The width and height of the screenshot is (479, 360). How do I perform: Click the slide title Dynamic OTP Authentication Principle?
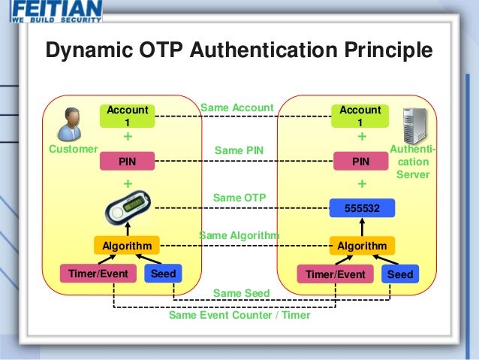[239, 50]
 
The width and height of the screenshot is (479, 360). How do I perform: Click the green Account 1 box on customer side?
[127, 116]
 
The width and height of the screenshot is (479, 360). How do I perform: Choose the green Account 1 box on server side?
[360, 116]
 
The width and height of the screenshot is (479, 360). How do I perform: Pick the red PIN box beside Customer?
[127, 161]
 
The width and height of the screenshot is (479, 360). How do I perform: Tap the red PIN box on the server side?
[360, 161]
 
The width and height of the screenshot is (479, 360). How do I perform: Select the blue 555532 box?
[361, 208]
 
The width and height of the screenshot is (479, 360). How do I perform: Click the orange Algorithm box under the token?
[127, 246]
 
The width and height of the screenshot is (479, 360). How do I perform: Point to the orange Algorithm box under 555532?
[361, 246]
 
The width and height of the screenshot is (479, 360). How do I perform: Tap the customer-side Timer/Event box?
[98, 274]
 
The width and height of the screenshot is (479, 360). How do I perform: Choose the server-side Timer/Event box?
[335, 274]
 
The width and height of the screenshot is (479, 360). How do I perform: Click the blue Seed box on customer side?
[163, 274]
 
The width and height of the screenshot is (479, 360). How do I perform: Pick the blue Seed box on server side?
[400, 274]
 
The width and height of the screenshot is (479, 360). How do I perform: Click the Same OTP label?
[239, 198]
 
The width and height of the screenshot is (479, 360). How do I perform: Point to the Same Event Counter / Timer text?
[239, 316]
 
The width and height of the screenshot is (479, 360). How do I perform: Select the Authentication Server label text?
[413, 162]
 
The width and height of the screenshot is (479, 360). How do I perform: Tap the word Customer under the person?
[73, 149]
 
